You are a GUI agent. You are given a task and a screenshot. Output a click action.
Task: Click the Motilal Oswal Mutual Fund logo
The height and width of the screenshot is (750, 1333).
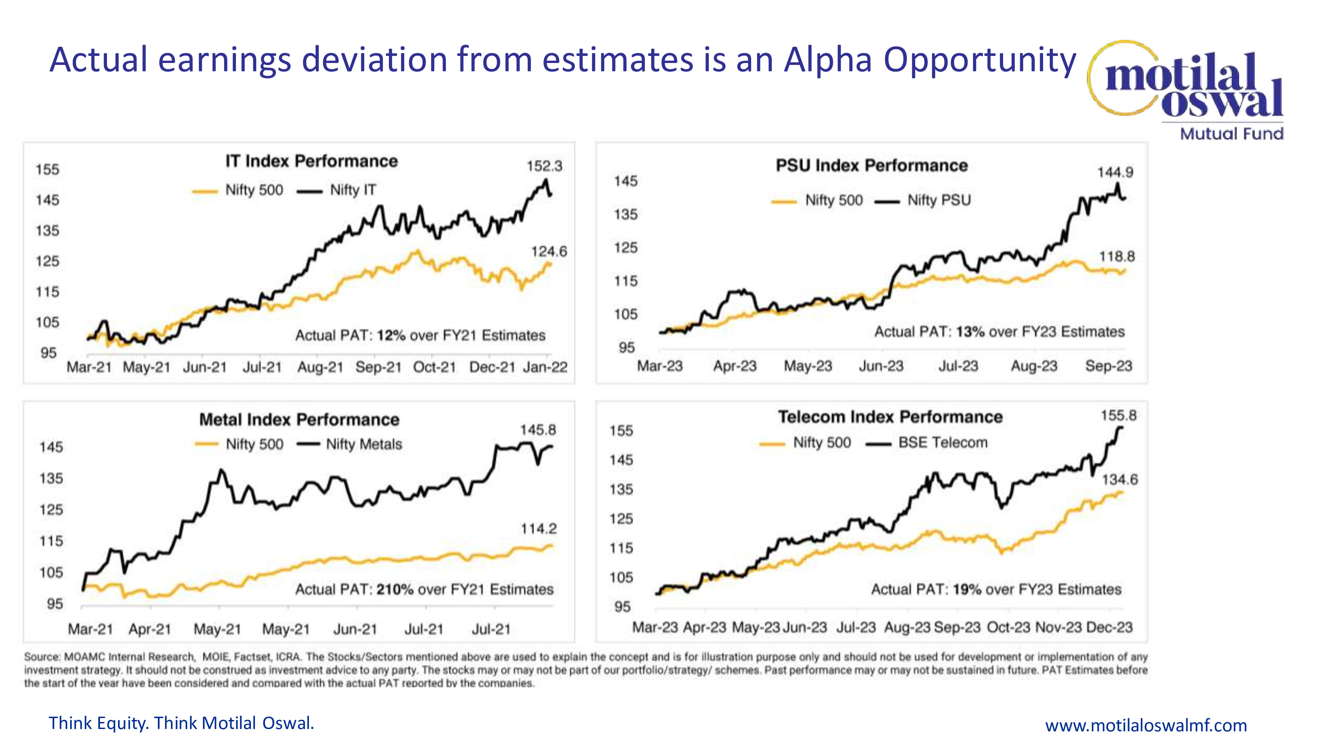(1190, 91)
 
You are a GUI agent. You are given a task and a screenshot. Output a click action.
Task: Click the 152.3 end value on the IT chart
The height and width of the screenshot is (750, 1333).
(545, 166)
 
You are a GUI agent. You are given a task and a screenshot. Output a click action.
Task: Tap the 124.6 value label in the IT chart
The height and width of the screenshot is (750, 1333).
(549, 252)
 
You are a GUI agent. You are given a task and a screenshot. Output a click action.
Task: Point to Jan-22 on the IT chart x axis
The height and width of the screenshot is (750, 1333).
(545, 367)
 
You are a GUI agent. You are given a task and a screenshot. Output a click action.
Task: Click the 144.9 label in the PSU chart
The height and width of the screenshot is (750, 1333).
(1115, 172)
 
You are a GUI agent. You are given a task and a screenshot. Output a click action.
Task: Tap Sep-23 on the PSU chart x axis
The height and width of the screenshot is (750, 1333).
(1108, 366)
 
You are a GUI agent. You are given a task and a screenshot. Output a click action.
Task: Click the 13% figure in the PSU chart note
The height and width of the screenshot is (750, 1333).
(970, 332)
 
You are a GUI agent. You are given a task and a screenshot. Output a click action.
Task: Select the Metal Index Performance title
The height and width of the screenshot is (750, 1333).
(299, 419)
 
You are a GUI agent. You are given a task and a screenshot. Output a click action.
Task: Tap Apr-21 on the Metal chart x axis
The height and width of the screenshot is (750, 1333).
(150, 629)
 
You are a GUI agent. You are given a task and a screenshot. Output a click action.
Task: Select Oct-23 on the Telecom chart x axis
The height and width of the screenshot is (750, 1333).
(1008, 627)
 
